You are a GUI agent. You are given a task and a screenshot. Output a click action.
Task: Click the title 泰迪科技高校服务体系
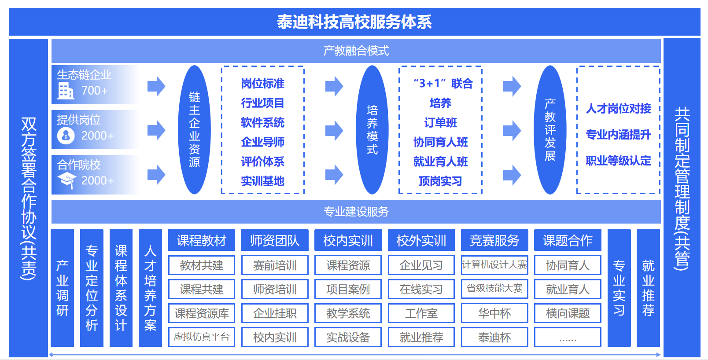[x=354, y=22]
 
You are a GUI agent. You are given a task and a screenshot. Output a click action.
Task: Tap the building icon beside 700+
[x=66, y=91]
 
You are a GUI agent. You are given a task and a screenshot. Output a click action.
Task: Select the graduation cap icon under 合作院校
[x=66, y=180]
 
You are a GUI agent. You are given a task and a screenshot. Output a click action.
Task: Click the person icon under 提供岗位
[x=66, y=136]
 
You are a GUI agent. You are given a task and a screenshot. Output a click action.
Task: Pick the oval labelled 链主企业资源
[x=194, y=130]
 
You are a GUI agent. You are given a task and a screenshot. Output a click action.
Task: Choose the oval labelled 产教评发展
[x=550, y=130]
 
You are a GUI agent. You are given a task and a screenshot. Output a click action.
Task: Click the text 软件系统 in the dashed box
[x=262, y=122]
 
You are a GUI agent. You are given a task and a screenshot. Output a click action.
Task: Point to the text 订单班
[x=440, y=122]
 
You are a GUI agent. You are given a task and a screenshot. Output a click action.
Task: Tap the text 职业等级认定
[x=618, y=161]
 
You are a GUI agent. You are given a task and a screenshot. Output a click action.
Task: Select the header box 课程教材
[x=201, y=240]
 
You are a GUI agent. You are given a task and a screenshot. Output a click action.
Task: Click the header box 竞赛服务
[x=494, y=240]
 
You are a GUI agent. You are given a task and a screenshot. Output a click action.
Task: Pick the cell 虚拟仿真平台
[x=201, y=337]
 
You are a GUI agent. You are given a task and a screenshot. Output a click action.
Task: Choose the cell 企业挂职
[x=275, y=313]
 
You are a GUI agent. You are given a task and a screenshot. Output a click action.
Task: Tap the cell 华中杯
[x=494, y=313]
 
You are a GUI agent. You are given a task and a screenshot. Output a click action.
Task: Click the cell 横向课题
[x=568, y=313]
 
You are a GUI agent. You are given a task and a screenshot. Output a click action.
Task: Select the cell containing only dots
[x=568, y=338]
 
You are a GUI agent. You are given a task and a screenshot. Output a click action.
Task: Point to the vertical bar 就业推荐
[x=648, y=288]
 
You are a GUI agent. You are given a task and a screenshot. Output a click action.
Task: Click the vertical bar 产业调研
[x=62, y=288]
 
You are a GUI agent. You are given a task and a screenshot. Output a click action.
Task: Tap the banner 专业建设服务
[x=356, y=212]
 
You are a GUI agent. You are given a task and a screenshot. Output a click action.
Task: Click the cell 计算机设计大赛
[x=494, y=265]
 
